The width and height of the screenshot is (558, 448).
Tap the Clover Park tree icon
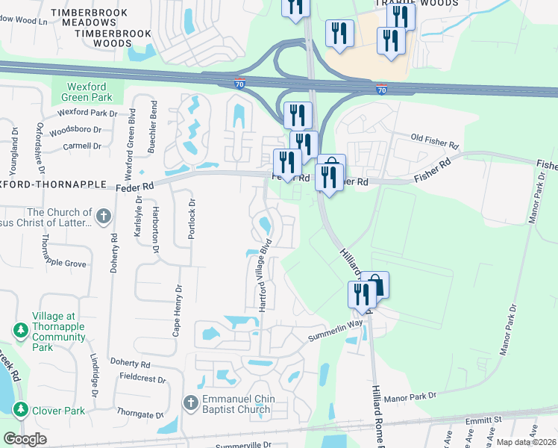[19, 410]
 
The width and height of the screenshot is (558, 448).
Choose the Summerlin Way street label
[336, 330]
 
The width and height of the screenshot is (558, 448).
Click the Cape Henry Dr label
[178, 311]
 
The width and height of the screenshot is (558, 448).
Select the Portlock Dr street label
[192, 219]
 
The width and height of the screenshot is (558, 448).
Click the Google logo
[25, 439]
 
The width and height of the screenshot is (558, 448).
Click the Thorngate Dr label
[139, 414]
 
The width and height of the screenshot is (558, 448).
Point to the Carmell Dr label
[82, 146]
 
